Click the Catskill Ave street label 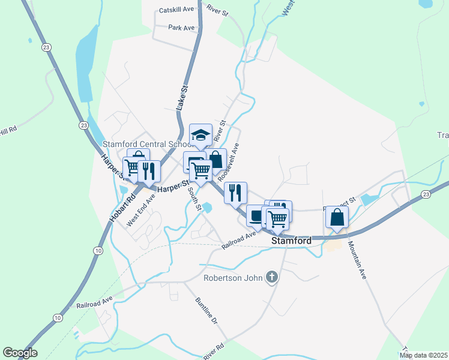[177, 10]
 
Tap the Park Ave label [181, 28]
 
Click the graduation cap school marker [201, 135]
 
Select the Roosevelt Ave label [228, 162]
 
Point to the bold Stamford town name [292, 241]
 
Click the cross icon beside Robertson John [272, 277]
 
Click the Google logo [20, 353]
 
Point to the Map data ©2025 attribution [424, 355]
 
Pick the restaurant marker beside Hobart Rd [148, 172]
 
